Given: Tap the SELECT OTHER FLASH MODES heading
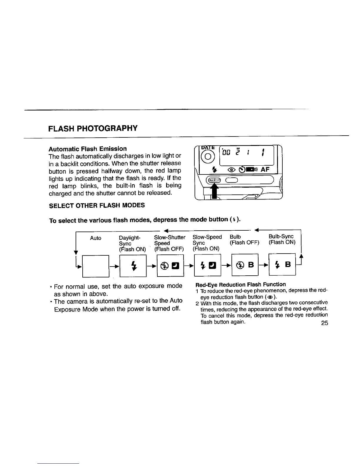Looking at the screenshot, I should tap(97, 205).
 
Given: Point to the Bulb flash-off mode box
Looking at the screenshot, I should tap(245, 264).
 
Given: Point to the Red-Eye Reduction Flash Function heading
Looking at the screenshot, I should tap(241, 284).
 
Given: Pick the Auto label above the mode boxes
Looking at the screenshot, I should tap(96, 238).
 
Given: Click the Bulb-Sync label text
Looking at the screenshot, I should tap(281, 237).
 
